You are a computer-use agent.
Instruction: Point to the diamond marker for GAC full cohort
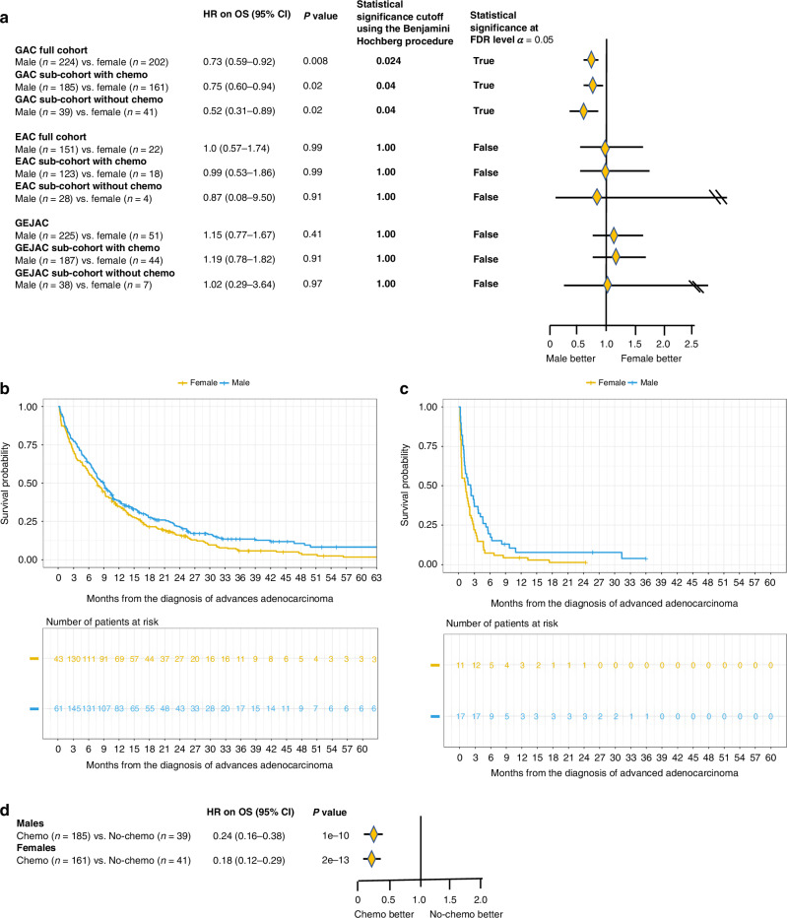(591, 61)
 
